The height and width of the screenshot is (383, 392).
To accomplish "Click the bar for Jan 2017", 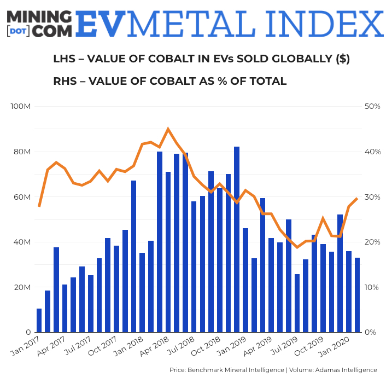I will [x=39, y=321].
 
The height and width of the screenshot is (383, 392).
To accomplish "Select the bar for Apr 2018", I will [x=168, y=252].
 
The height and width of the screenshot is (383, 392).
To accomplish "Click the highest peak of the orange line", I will [x=168, y=129].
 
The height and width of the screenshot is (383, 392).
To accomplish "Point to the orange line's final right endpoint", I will [x=357, y=199].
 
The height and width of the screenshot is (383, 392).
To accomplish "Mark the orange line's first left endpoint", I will [x=39, y=206].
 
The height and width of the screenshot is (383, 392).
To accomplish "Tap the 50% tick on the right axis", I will [x=372, y=106].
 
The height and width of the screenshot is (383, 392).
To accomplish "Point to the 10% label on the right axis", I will [x=372, y=287].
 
